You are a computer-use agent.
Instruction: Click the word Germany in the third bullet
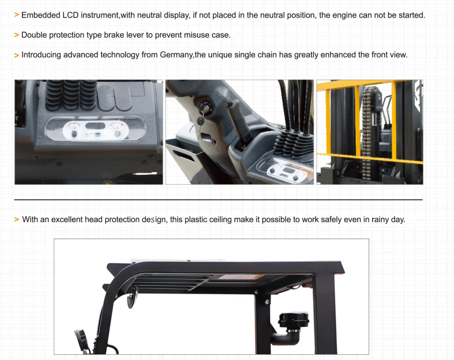pos(176,55)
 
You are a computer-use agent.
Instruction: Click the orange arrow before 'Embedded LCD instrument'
pos(17,15)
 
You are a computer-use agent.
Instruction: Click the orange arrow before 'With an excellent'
pos(17,219)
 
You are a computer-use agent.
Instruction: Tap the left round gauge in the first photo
pos(74,130)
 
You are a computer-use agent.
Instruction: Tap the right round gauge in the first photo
pos(118,130)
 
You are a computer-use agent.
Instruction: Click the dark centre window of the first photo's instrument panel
pos(95,126)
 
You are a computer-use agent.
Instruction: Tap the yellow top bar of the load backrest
pos(364,84)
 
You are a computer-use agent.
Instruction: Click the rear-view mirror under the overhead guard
pos(132,297)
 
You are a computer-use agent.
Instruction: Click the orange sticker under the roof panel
pos(241,277)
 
